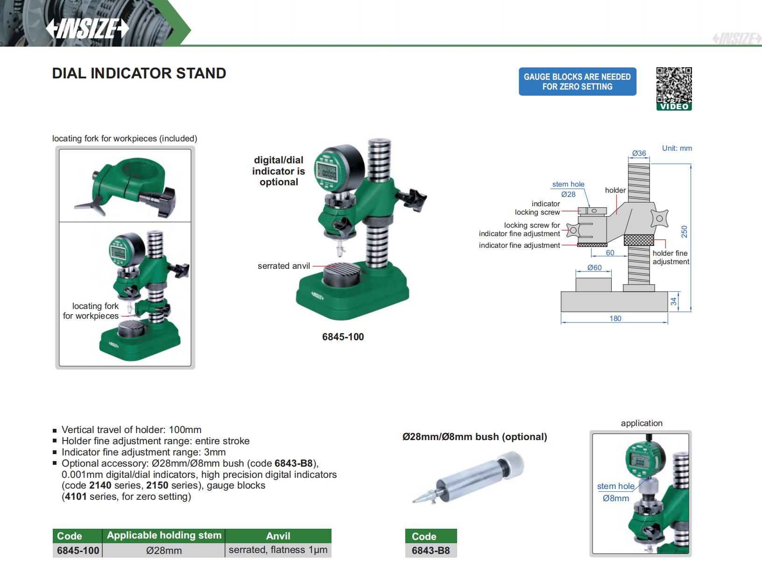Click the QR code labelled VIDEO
[674, 89]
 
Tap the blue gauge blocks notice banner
[577, 82]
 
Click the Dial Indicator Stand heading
[139, 74]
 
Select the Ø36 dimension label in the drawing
[639, 153]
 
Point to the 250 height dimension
[684, 231]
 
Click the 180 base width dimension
[615, 318]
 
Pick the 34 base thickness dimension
[673, 301]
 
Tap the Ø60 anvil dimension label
[594, 268]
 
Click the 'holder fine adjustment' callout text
[670, 257]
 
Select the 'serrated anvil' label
[283, 266]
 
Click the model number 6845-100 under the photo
[343, 337]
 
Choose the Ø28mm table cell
[164, 550]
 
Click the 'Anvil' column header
[278, 536]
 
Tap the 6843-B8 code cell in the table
[431, 550]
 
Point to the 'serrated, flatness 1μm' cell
[278, 550]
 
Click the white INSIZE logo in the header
[87, 28]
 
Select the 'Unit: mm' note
[677, 148]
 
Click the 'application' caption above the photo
[642, 423]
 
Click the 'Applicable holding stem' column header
[164, 536]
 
